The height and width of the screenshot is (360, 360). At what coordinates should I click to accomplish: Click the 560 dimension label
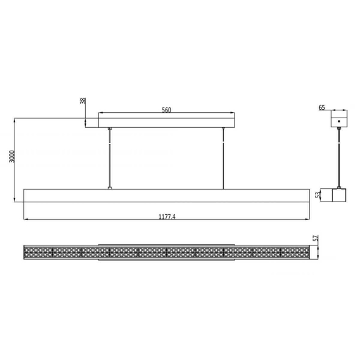pyautogui.click(x=166, y=110)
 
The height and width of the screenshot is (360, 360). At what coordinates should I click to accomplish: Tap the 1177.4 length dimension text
pyautogui.click(x=167, y=217)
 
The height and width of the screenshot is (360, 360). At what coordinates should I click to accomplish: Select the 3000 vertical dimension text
pyautogui.click(x=12, y=157)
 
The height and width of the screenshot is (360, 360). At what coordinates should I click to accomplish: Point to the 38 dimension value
pyautogui.click(x=83, y=101)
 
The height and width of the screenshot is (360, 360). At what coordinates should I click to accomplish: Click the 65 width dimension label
pyautogui.click(x=322, y=107)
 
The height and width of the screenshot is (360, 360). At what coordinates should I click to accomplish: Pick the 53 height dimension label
pyautogui.click(x=317, y=195)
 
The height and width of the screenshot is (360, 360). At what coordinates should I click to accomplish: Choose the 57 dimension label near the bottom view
pyautogui.click(x=316, y=238)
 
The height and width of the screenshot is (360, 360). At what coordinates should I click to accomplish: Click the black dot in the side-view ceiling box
pyautogui.click(x=339, y=121)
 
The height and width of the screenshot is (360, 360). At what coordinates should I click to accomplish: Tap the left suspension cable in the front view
pyautogui.click(x=110, y=158)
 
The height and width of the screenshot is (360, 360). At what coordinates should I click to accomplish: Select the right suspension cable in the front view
pyautogui.click(x=223, y=158)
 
